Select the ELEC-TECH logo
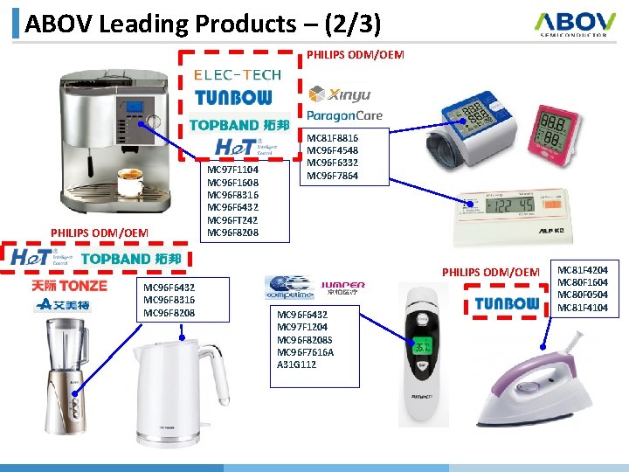pos(237,75)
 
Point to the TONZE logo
pos(70,286)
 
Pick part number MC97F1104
pos(232,170)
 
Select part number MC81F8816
pos(332,138)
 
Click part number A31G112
pos(297,364)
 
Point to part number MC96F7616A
pos(305,352)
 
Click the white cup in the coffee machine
pos(130,185)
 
